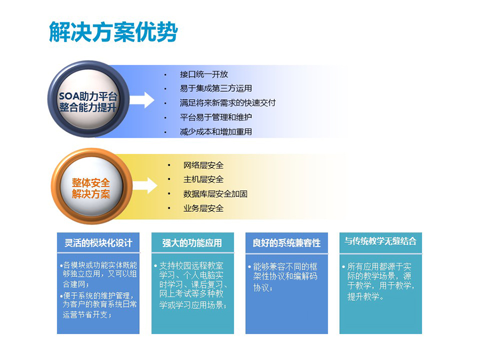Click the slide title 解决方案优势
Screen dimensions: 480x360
113,32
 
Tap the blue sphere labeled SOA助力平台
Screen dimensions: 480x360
89,99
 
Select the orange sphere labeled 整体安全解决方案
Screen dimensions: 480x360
92,186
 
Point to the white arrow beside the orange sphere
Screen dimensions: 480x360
145,186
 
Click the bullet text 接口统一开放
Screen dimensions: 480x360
204,74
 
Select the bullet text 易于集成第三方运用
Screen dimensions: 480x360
216,89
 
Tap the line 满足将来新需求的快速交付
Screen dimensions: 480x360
228,103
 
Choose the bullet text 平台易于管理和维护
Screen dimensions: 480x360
216,117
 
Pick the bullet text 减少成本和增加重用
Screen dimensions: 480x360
216,132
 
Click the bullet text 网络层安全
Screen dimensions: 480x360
204,165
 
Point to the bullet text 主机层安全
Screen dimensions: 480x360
204,179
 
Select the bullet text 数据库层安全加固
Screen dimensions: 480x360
215,194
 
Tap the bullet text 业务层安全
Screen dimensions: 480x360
204,208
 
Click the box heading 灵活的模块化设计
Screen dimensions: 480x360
98,243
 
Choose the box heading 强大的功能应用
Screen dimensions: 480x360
192,243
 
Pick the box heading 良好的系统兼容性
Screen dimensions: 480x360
286,243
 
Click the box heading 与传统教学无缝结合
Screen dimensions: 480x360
380,241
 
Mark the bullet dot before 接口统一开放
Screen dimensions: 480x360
166,75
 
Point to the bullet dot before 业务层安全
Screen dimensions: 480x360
169,209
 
